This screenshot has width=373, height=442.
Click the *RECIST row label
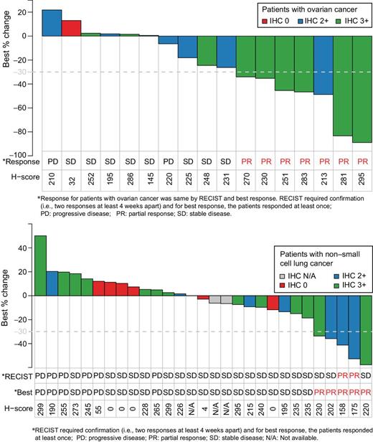[17, 376]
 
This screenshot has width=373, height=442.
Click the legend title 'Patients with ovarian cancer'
[308, 8]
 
